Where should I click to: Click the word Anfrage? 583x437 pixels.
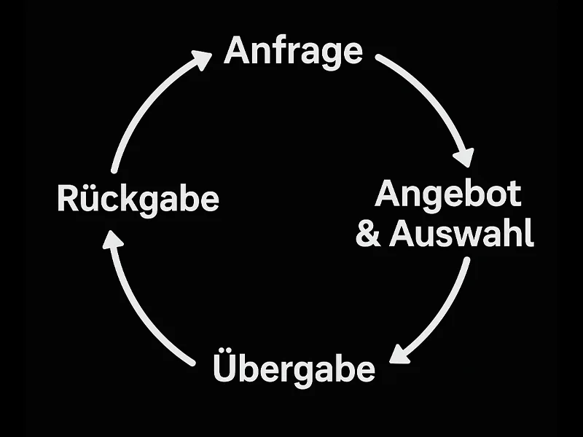(293, 51)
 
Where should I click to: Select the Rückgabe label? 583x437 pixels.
(138, 199)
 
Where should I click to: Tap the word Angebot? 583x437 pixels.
(448, 195)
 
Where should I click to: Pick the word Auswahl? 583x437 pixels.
(461, 235)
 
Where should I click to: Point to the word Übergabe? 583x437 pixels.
(294, 368)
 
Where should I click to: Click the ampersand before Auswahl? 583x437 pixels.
(369, 235)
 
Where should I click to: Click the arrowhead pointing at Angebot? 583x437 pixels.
(463, 156)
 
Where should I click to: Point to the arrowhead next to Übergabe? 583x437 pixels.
(399, 352)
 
